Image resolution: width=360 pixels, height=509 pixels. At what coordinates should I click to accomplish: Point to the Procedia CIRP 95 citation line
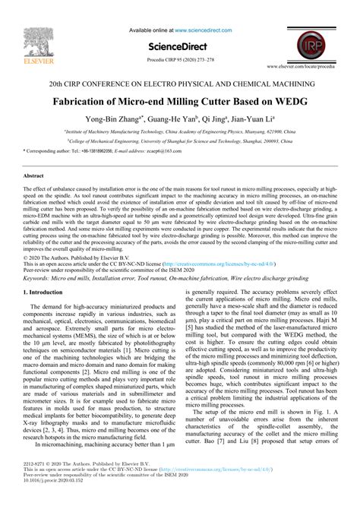[179, 60]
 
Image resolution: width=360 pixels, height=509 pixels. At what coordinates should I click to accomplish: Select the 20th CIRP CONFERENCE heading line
[179, 83]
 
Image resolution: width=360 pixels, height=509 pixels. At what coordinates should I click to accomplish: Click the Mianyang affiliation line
[180, 131]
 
